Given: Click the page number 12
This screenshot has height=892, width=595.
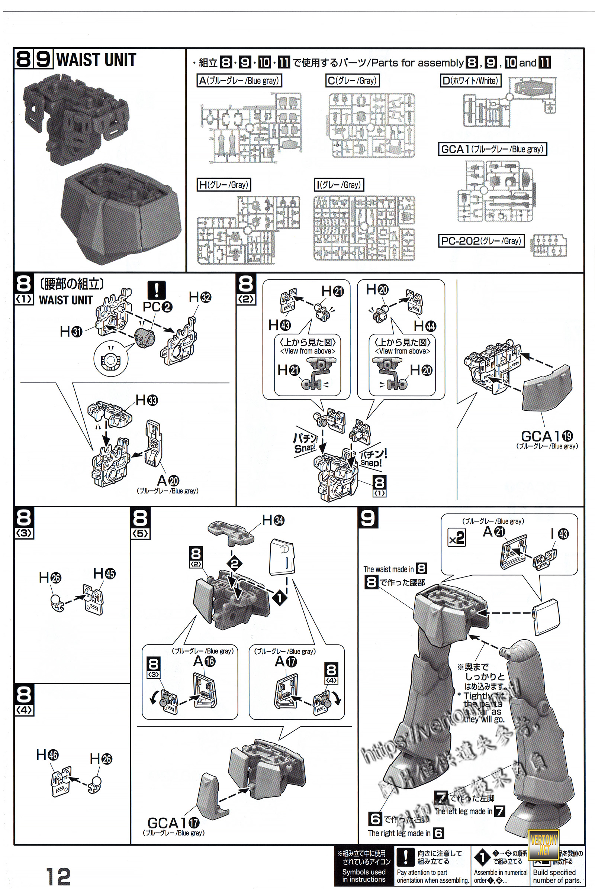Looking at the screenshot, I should click(x=58, y=876).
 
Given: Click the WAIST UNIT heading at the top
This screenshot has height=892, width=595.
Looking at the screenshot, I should click(x=96, y=60).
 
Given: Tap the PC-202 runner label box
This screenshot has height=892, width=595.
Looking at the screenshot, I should click(x=481, y=241).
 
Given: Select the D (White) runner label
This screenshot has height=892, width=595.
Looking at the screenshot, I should click(x=470, y=80).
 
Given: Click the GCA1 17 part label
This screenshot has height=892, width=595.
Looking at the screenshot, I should click(x=173, y=823).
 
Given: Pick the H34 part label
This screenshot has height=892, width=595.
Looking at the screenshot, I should click(x=273, y=520).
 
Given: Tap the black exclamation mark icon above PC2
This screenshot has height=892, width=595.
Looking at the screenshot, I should click(x=156, y=290).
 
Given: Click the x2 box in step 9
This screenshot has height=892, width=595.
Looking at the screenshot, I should click(x=456, y=538).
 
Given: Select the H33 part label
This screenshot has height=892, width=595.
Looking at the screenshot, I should click(x=147, y=400).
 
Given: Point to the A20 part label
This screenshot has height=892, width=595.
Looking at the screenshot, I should click(x=168, y=481).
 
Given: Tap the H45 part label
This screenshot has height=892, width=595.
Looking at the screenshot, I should click(x=104, y=573).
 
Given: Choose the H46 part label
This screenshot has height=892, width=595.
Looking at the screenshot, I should click(x=47, y=755).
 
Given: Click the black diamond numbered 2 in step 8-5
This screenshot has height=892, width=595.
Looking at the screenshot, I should click(x=235, y=563).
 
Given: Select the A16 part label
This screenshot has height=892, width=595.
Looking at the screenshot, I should click(x=204, y=661).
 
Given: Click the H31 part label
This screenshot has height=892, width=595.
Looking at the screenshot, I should click(x=71, y=332).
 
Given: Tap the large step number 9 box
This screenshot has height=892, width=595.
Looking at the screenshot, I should click(x=368, y=518).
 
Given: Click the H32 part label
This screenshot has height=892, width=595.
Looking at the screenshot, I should click(x=200, y=297).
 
